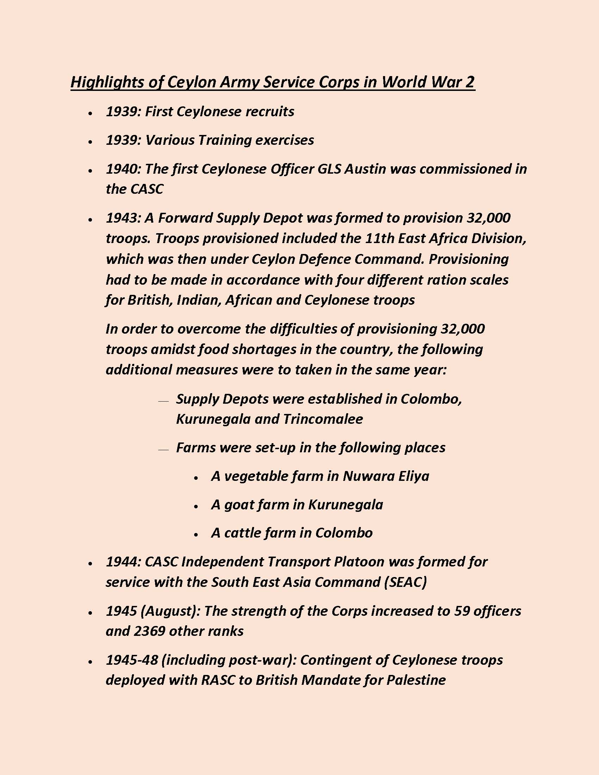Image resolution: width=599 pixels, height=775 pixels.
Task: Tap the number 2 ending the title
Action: (469, 82)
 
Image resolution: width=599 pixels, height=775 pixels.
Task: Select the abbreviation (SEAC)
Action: (405, 582)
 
